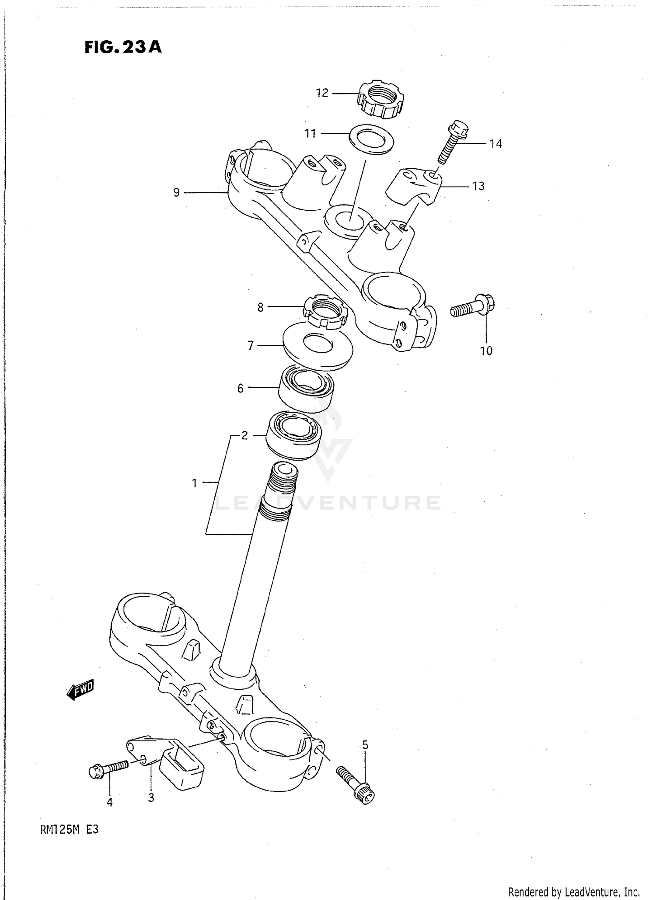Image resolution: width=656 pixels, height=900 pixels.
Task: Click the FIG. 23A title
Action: coord(123,47)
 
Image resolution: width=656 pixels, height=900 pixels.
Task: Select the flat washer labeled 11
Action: coord(371,139)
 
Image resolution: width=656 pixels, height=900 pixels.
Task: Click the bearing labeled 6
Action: coord(307,387)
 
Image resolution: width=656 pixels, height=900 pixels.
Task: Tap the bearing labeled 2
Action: coord(294,435)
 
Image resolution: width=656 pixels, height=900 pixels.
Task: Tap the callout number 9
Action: coord(176,192)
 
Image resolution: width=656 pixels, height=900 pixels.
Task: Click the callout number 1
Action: coord(194,483)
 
